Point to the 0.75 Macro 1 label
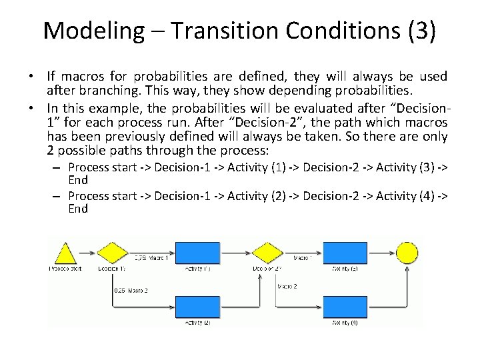coord(151,257)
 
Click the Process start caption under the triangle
coord(65,268)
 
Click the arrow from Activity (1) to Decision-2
coord(237,253)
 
